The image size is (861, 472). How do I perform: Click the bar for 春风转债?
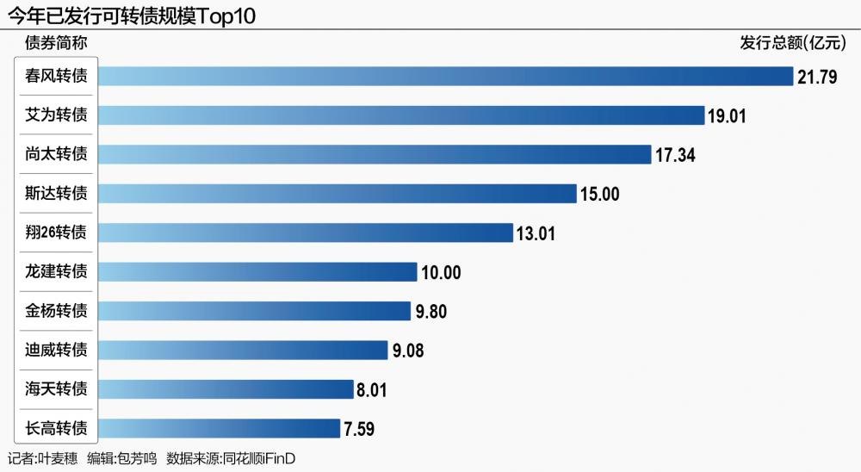click(446, 76)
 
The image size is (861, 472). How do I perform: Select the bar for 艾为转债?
click(401, 115)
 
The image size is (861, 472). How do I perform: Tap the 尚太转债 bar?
click(375, 154)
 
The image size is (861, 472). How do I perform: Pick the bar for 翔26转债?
click(306, 233)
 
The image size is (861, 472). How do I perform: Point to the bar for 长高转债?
click(219, 429)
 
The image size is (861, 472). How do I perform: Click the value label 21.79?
click(817, 77)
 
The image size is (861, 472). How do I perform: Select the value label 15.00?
click(599, 194)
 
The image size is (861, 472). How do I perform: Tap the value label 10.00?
click(441, 272)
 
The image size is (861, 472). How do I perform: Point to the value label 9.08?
click(408, 351)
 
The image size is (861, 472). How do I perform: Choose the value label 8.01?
click(372, 389)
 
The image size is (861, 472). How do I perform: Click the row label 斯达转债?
click(56, 193)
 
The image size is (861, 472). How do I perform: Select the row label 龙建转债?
click(56, 271)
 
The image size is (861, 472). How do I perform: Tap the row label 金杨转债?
click(56, 310)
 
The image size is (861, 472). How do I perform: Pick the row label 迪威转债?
click(56, 350)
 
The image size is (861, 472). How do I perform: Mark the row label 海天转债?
click(56, 388)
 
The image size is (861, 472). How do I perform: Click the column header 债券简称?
click(56, 43)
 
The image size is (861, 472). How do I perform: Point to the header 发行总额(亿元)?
click(793, 42)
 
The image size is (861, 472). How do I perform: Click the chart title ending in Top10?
click(131, 16)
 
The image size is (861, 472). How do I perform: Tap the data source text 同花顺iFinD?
click(259, 458)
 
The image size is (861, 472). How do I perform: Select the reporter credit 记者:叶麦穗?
click(42, 458)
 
